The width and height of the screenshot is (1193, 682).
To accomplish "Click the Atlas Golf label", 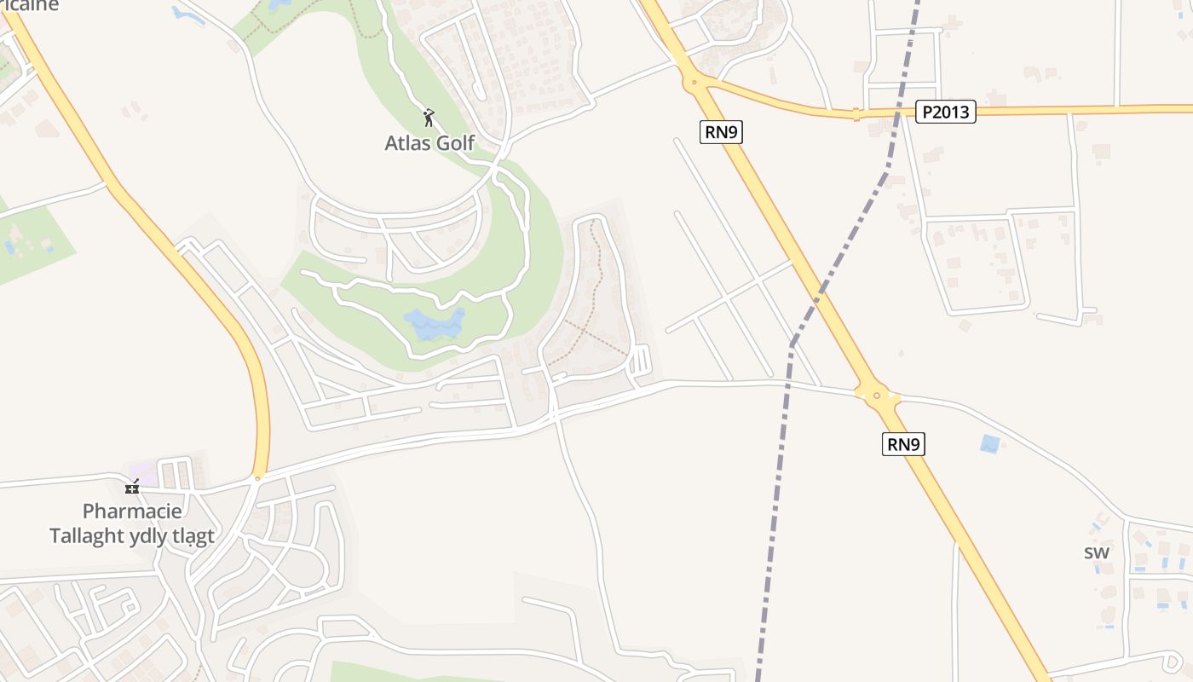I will pos(429,142).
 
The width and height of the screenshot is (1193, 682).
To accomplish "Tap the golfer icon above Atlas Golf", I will pos(429,118).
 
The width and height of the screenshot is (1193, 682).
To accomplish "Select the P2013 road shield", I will pos(945,112).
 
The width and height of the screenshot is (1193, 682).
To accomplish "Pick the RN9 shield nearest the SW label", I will pos(903,443).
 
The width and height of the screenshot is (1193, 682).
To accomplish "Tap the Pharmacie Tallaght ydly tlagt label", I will pos(132,523).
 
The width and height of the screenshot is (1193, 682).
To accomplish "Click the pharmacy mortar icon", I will pos(132,487).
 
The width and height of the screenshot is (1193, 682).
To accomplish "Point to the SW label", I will pos(1097,552).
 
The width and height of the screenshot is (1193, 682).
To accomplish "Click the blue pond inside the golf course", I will pos(434,324).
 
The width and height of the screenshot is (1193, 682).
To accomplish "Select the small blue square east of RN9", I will pos(989,443).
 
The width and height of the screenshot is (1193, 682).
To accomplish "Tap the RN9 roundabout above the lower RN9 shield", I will pos(876,395).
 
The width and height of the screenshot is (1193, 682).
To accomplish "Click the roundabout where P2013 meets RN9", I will pos(694,83).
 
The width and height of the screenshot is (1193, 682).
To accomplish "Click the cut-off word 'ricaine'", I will pos(29,5).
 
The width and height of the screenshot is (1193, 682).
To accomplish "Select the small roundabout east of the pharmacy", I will pos(257,478).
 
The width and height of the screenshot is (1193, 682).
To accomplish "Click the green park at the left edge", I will pos(34,243).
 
